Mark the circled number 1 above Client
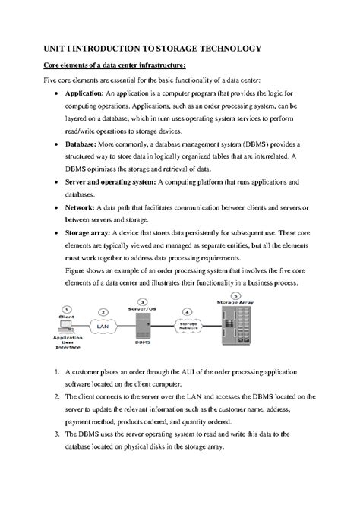click(x=68, y=309)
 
